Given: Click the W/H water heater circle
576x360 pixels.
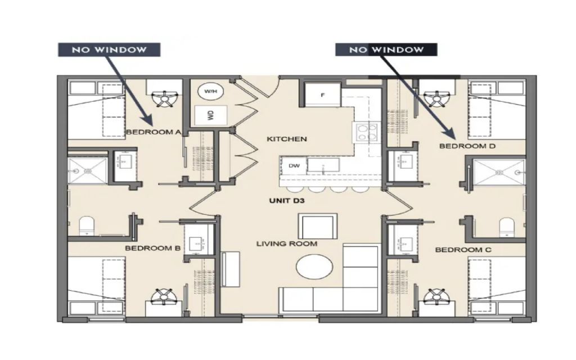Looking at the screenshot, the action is point(210,91).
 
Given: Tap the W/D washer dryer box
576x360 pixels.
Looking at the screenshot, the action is point(210,116).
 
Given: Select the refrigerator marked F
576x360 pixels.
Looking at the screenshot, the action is point(323,94).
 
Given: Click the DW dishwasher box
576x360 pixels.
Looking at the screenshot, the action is point(294,166).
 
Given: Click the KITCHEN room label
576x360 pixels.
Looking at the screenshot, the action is point(286,139).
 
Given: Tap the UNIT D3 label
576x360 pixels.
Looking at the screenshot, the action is point(287,201).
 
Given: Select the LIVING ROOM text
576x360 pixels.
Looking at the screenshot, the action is point(286,244).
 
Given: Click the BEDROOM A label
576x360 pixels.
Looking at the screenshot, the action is point(154,132).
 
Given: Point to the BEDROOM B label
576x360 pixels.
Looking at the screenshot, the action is point(152,248).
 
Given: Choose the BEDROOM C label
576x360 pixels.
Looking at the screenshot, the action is point(463,250).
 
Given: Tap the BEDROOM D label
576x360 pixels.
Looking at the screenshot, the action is point(467,146).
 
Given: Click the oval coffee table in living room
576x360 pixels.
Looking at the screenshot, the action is point(314,267).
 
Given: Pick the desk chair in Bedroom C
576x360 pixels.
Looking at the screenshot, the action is point(436,296).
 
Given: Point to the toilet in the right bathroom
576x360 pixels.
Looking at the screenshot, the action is point(507,227).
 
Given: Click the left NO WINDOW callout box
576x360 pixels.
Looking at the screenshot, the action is point(109,49).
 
